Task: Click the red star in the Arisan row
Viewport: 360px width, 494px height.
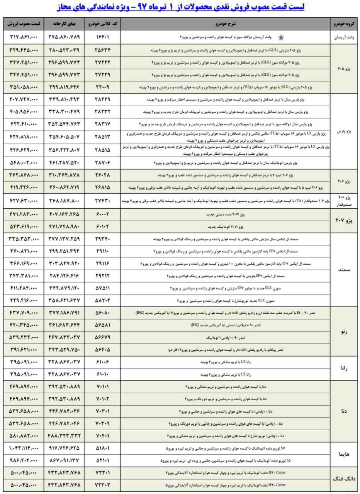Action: tap(281, 37)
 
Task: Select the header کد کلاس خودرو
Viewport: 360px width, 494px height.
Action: tap(103, 24)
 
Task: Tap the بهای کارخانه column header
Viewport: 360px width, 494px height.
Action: tap(64, 24)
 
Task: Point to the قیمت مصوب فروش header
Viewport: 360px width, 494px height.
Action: tap(23, 24)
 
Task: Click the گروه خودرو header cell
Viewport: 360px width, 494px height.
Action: tap(344, 24)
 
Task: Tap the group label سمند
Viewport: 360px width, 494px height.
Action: tap(344, 270)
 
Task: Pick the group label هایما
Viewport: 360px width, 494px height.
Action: tap(344, 454)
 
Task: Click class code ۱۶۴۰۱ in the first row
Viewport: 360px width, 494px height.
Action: tap(103, 37)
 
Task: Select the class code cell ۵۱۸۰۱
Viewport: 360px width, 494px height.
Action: tap(103, 448)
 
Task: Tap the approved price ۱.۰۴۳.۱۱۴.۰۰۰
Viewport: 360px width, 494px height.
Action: tap(23, 448)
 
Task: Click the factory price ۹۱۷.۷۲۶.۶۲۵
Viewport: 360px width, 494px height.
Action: tap(64, 448)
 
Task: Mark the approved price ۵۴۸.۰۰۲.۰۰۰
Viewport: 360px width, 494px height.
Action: tap(23, 162)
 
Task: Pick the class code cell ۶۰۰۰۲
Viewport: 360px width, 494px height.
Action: tap(103, 214)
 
